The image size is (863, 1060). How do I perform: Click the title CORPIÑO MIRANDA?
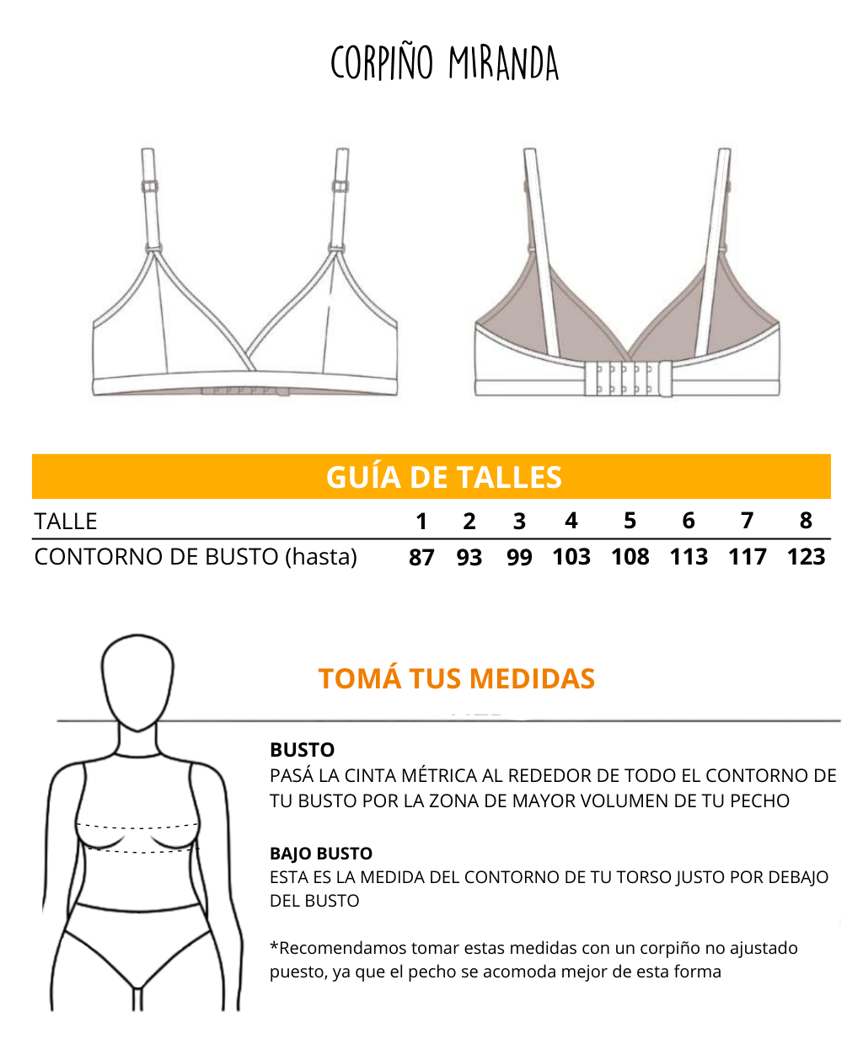(x=444, y=62)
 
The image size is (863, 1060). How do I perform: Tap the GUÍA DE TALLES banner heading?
(x=444, y=477)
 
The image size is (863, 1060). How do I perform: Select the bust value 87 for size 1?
(x=421, y=557)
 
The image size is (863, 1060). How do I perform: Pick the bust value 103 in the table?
(x=571, y=557)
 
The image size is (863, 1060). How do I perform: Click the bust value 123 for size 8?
(x=806, y=557)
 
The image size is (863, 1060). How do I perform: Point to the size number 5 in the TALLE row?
(x=630, y=521)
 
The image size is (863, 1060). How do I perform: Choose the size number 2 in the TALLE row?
(x=469, y=522)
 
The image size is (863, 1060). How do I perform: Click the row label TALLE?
(x=65, y=522)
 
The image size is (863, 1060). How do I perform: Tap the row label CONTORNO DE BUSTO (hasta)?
(x=196, y=557)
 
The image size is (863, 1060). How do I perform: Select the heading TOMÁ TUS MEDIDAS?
(x=457, y=679)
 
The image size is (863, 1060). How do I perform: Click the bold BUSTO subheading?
(x=302, y=750)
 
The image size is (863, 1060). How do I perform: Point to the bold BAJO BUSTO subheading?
(x=321, y=854)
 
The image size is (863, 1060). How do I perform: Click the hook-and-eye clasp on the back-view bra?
(x=629, y=378)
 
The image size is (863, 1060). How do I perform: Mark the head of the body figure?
(x=137, y=682)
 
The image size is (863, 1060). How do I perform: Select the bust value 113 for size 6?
(x=689, y=557)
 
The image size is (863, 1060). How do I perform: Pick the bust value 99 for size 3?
(x=519, y=557)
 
